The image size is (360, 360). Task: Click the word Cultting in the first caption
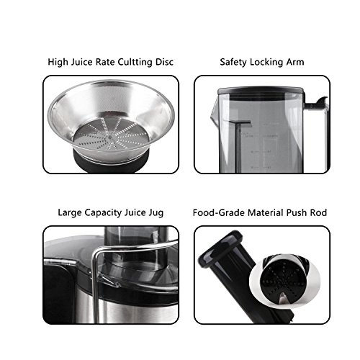point(135,62)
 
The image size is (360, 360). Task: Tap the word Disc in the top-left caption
point(164,62)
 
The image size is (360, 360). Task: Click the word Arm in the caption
point(295,62)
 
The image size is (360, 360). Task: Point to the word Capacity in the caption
point(103,213)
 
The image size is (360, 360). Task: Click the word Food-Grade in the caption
point(219,212)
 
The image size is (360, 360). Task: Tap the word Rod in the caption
point(318,212)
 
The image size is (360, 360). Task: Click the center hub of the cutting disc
point(110,138)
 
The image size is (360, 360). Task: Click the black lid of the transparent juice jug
point(261,93)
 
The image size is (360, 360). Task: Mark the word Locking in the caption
point(266,62)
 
